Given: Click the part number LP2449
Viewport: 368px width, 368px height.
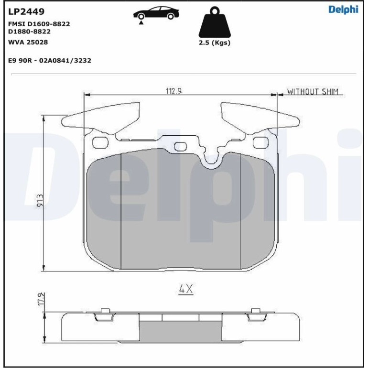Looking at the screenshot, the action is pyautogui.click(x=26, y=11).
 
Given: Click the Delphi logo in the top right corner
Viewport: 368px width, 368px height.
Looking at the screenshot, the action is pyautogui.click(x=343, y=10).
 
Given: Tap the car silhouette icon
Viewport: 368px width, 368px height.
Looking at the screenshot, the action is pyautogui.click(x=156, y=14).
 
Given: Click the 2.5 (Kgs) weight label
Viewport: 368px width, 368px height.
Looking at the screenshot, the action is pyautogui.click(x=215, y=43).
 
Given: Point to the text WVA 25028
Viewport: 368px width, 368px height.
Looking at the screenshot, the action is pyautogui.click(x=28, y=42).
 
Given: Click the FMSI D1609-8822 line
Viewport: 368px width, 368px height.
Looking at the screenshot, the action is pyautogui.click(x=39, y=24).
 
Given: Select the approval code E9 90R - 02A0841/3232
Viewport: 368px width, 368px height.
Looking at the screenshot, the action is pyautogui.click(x=50, y=61).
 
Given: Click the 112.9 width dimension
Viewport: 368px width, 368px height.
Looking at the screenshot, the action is pyautogui.click(x=174, y=91).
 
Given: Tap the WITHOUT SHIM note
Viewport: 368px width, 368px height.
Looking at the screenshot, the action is pyautogui.click(x=313, y=92).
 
